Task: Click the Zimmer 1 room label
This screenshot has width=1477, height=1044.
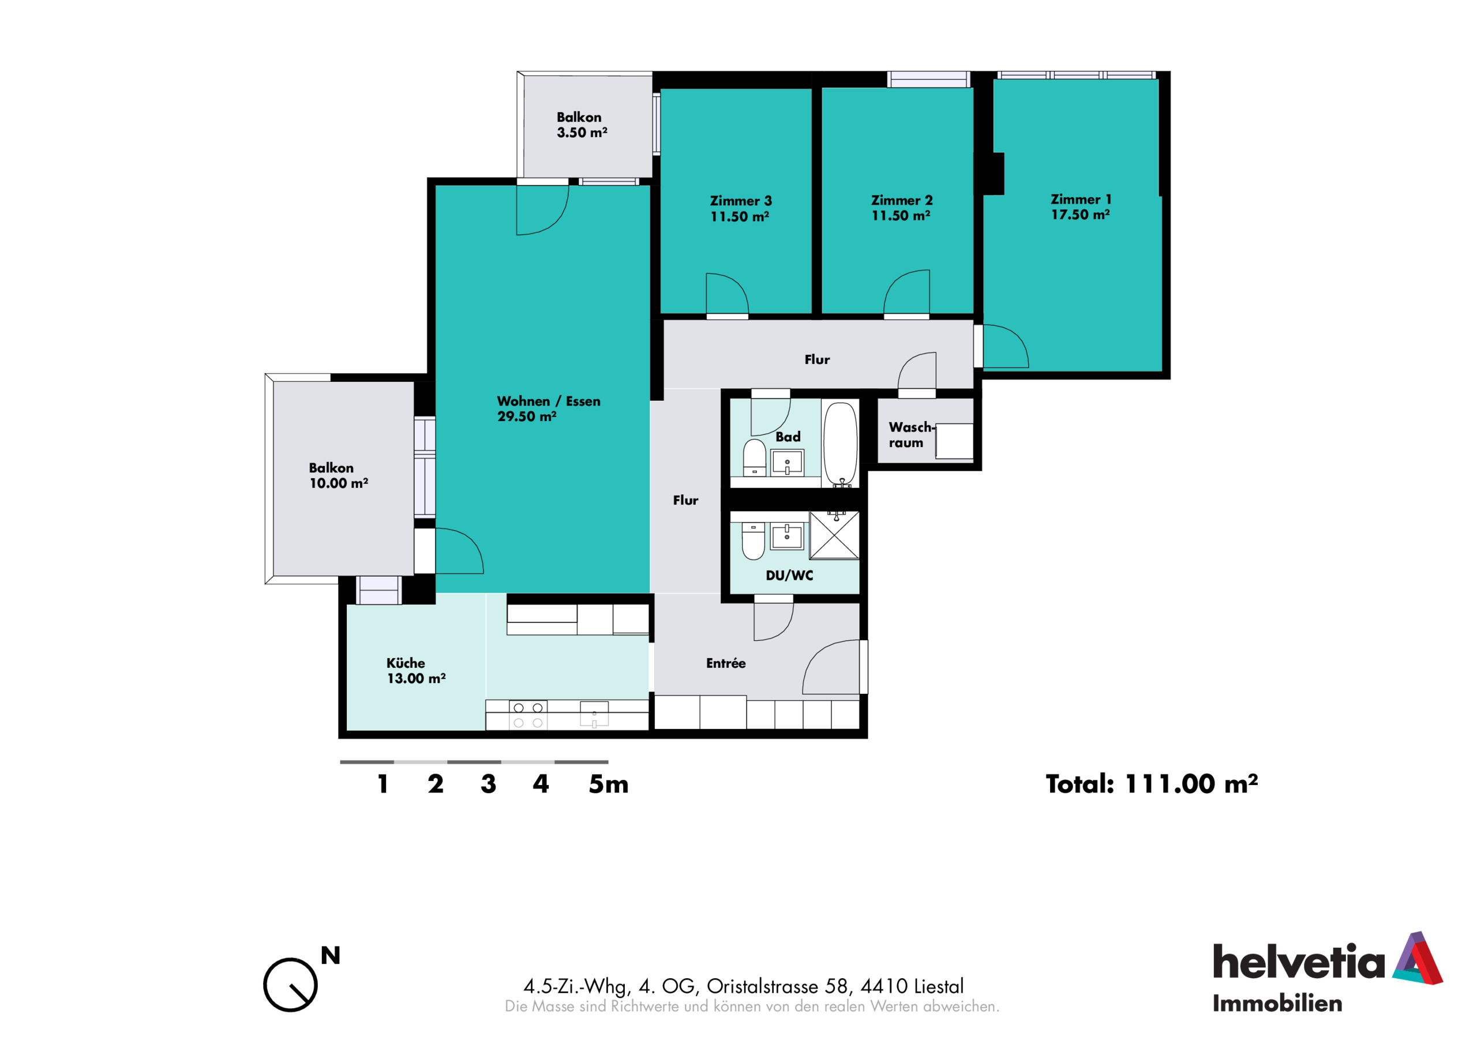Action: pyautogui.click(x=1081, y=200)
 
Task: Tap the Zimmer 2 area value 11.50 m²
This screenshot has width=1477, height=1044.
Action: pyautogui.click(x=901, y=216)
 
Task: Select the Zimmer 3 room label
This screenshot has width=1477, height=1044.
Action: pyautogui.click(x=740, y=201)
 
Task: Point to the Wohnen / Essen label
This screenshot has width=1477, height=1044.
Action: pyautogui.click(x=549, y=401)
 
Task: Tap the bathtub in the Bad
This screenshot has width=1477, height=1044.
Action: pyautogui.click(x=841, y=444)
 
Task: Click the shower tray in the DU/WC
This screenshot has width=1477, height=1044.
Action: pyautogui.click(x=834, y=535)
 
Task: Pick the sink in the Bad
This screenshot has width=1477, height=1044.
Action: pyautogui.click(x=788, y=463)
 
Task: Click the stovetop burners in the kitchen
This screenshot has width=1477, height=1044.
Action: pyautogui.click(x=528, y=715)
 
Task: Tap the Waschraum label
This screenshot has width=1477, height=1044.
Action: pyautogui.click(x=910, y=435)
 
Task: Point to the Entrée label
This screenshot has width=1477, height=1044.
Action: pyautogui.click(x=726, y=663)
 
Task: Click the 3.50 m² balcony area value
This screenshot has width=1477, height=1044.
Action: pyautogui.click(x=582, y=133)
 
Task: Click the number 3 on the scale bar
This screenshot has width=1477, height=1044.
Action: pyautogui.click(x=488, y=784)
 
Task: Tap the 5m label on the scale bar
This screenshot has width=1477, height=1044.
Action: pyautogui.click(x=609, y=784)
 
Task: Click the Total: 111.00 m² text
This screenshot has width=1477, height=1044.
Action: pyautogui.click(x=1152, y=783)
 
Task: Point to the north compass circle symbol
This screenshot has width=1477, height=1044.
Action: pyautogui.click(x=290, y=984)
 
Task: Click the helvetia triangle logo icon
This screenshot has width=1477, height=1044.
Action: pyautogui.click(x=1417, y=958)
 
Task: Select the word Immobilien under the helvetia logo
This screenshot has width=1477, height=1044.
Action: pyautogui.click(x=1277, y=1004)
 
